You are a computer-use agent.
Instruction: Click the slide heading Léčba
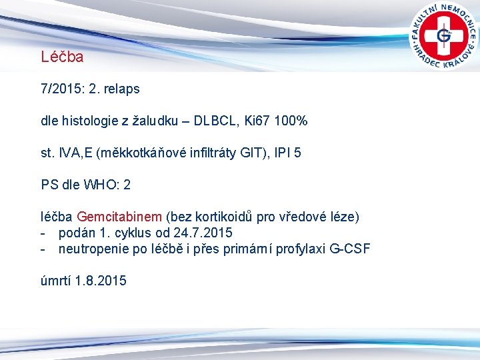coord(62,57)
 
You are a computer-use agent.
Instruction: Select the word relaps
coord(121,89)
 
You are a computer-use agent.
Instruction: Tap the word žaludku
coord(160,121)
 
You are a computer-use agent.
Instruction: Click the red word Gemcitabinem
coord(119,217)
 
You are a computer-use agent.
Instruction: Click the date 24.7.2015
coord(202,233)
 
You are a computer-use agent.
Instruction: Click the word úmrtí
coord(55,281)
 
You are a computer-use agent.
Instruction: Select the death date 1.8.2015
coord(101,281)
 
